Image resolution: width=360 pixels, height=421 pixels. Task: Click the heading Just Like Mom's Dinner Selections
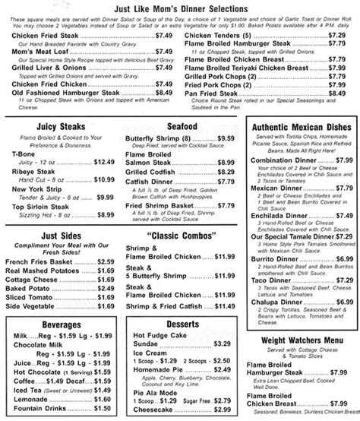tap(179, 8)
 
